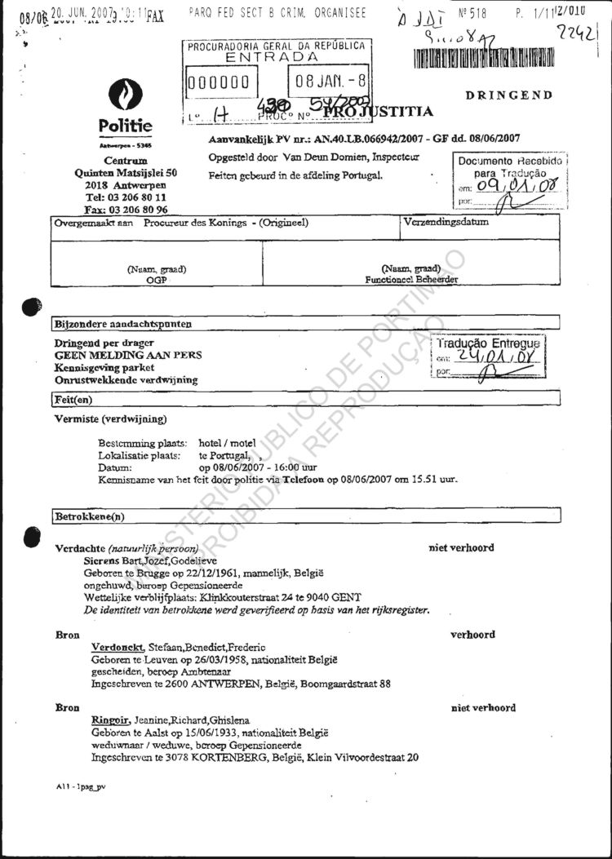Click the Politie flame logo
pyautogui.click(x=126, y=96)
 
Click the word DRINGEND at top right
pyautogui.click(x=509, y=95)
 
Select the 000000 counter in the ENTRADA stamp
pyautogui.click(x=219, y=82)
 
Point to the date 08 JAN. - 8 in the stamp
pyautogui.click(x=330, y=82)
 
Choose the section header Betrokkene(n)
pyautogui.click(x=90, y=516)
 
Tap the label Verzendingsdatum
pyautogui.click(x=446, y=222)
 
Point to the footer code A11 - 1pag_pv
pyautogui.click(x=81, y=786)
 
